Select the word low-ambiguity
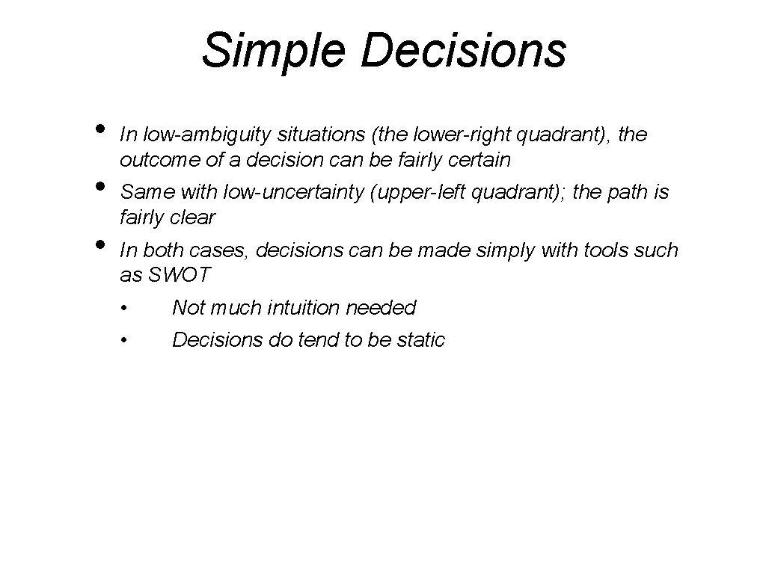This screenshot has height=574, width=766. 207,135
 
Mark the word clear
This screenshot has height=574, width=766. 191,217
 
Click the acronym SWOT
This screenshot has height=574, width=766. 180,275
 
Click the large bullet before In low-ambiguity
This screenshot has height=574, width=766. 100,127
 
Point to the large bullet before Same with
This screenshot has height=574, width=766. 100,185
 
